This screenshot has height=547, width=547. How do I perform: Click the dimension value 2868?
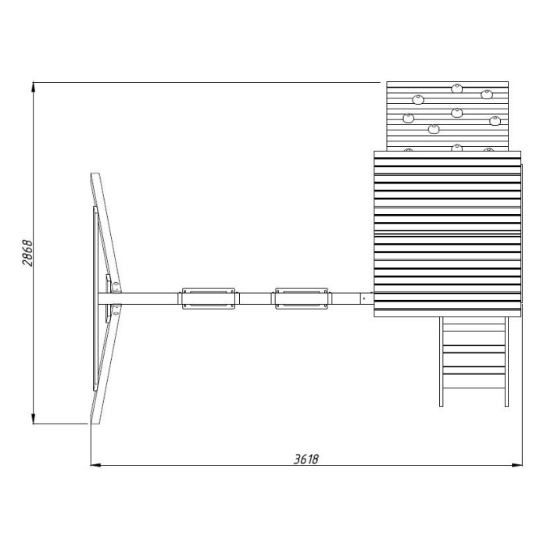[x=27, y=253]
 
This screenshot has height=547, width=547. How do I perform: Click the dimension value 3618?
[x=306, y=459]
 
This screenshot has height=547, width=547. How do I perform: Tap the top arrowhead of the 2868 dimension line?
[x=34, y=88]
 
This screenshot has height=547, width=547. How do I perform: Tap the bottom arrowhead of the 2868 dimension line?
[x=34, y=419]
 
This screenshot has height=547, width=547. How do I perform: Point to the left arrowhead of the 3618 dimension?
[x=96, y=465]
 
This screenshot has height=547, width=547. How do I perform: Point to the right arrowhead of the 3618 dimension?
[x=517, y=465]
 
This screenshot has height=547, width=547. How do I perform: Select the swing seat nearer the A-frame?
[x=209, y=299]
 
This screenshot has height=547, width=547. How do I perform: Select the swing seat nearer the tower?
[x=302, y=299]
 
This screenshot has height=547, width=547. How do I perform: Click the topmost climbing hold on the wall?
[x=456, y=88]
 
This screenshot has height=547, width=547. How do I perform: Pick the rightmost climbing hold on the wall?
[x=495, y=121]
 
